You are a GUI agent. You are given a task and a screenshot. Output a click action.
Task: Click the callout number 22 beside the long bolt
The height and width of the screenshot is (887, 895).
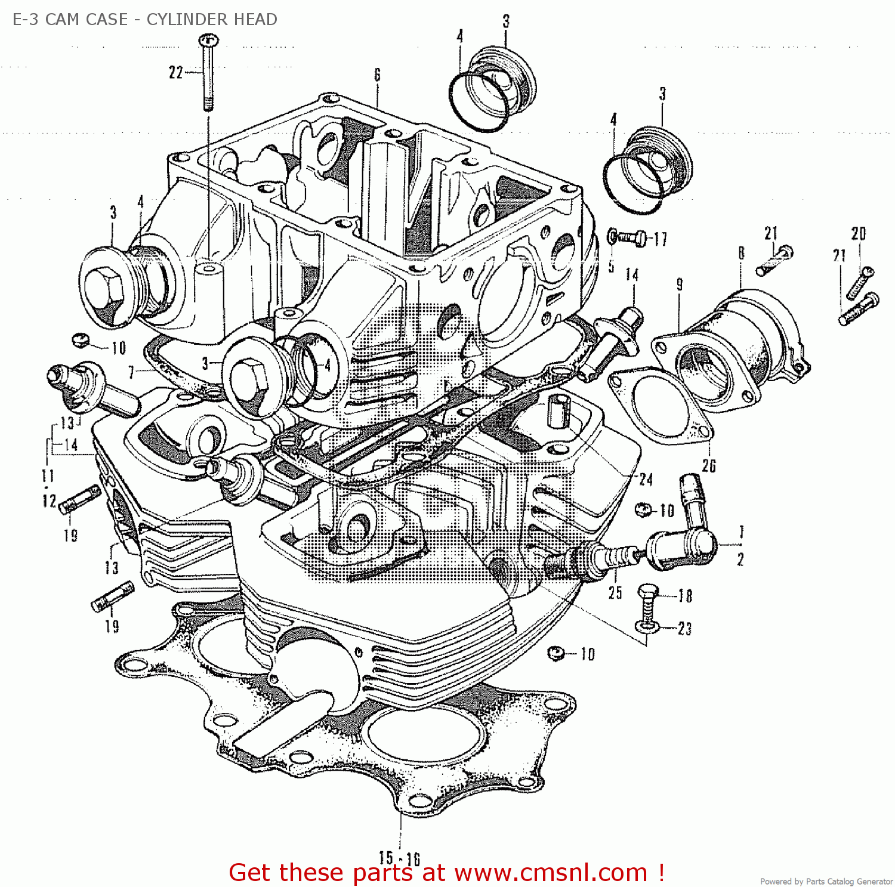pyautogui.click(x=175, y=73)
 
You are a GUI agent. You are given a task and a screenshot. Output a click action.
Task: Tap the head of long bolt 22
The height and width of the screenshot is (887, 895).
pyautogui.click(x=208, y=41)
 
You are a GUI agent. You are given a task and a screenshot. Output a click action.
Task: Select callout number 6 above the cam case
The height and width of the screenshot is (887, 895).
pyautogui.click(x=377, y=75)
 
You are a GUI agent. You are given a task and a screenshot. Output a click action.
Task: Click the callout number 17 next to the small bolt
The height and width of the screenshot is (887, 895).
pyautogui.click(x=660, y=239)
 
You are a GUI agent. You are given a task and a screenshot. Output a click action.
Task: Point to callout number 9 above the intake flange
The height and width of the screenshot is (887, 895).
pyautogui.click(x=680, y=285)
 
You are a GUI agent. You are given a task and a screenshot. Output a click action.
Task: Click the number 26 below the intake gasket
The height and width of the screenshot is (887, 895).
pyautogui.click(x=709, y=465)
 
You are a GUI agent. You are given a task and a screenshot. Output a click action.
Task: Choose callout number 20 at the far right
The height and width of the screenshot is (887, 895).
pyautogui.click(x=858, y=233)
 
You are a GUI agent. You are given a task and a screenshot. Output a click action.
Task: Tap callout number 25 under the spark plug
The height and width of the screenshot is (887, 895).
pyautogui.click(x=615, y=592)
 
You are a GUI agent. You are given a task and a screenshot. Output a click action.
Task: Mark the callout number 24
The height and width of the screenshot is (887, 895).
pyautogui.click(x=646, y=479)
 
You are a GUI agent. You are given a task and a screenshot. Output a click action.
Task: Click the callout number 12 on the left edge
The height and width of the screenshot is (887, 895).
pyautogui.click(x=48, y=500)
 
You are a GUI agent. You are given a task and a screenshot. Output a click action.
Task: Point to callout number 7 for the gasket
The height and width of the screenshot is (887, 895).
pyautogui.click(x=132, y=373)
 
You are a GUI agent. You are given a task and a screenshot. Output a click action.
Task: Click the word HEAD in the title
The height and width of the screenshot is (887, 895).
pyautogui.click(x=255, y=19)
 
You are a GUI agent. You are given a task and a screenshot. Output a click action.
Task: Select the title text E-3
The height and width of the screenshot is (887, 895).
pyautogui.click(x=26, y=19)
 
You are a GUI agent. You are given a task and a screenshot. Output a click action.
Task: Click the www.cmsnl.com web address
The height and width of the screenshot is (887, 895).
pyautogui.click(x=550, y=872)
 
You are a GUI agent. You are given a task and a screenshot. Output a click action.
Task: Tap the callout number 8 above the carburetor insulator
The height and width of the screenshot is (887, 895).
pyautogui.click(x=741, y=253)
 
